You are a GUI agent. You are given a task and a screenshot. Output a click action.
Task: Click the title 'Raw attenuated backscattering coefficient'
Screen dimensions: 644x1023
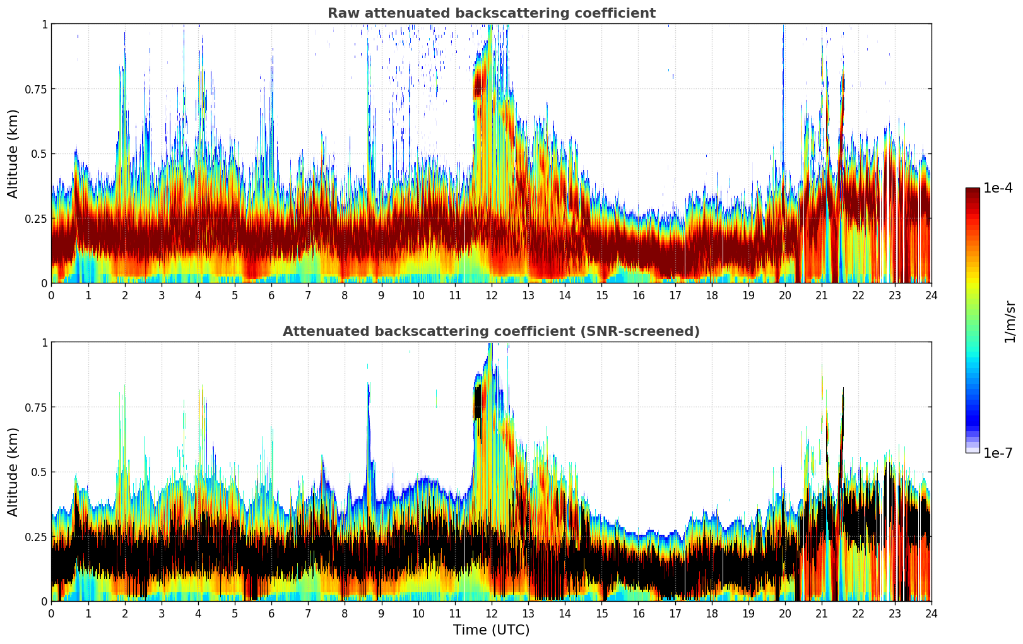click(491, 13)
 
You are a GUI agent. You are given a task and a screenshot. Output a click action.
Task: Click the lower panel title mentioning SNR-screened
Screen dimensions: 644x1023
click(491, 331)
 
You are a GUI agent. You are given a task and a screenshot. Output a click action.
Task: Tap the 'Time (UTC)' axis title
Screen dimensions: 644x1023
click(491, 630)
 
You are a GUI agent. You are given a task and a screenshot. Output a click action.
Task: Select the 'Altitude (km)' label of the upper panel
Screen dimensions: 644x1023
click(13, 153)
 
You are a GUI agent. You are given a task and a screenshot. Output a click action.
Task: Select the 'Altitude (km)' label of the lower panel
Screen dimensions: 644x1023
click(13, 472)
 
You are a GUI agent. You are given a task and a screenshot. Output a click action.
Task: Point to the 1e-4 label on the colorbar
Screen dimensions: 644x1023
click(998, 188)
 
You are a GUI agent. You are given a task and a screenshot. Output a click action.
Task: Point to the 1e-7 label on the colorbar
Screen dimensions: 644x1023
click(998, 453)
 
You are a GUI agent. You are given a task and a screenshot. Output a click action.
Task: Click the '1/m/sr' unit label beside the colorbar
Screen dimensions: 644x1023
click(1010, 322)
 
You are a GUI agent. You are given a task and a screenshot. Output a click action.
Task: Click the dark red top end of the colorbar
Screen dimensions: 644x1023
click(972, 191)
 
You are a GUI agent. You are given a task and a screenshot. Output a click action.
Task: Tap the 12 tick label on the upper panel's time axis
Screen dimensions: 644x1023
click(492, 295)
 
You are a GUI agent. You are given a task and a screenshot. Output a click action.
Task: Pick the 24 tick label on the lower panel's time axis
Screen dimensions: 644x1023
click(931, 613)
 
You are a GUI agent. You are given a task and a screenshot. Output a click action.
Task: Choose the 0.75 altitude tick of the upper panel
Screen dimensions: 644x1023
click(36, 89)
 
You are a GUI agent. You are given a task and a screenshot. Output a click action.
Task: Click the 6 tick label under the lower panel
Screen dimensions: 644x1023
click(271, 613)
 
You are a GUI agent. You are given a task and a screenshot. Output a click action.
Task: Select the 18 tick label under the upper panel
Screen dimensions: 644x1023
click(711, 295)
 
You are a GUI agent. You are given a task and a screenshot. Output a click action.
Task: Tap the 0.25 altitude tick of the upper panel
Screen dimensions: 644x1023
click(36, 218)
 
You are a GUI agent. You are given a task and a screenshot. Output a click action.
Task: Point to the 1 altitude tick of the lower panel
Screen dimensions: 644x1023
click(44, 342)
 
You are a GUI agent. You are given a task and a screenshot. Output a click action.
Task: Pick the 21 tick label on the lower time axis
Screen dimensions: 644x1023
click(821, 613)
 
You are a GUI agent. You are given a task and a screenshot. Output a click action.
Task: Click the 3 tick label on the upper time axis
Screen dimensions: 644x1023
click(162, 295)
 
